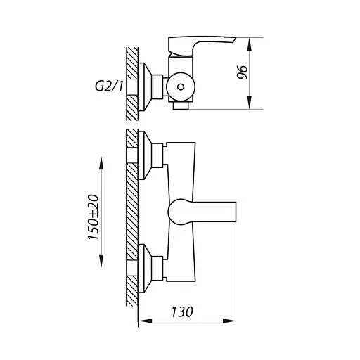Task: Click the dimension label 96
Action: point(243,72)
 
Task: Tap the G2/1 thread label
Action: point(109,86)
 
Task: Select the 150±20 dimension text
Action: point(94,217)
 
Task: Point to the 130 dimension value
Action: point(182,311)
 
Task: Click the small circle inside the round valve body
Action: point(181,86)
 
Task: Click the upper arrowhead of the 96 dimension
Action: point(250,44)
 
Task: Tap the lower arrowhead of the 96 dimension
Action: point(250,103)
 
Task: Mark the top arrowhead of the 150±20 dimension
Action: point(101,163)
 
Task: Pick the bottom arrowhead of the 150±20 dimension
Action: point(101,261)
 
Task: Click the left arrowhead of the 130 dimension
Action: point(146,321)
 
